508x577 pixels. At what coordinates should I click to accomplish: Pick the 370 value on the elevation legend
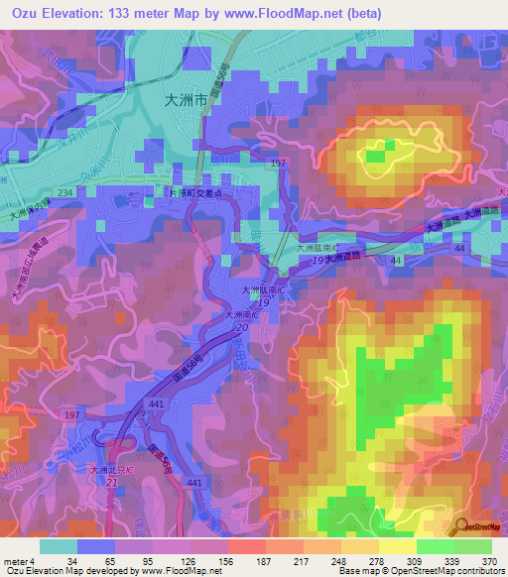click(x=489, y=560)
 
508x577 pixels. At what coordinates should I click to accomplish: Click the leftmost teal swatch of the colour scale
click(x=58, y=546)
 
